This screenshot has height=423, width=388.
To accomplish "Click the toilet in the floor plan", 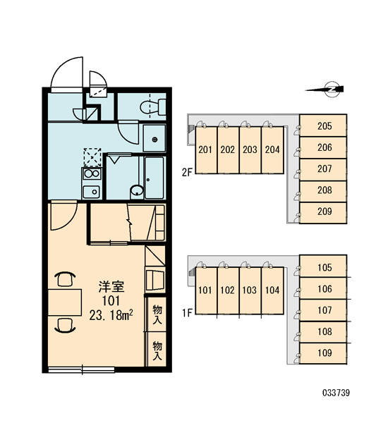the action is (x=153, y=107).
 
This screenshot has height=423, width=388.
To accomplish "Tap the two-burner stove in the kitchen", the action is (x=92, y=173).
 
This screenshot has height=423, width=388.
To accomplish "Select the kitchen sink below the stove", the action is (x=92, y=192).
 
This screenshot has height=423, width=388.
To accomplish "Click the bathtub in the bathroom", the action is (x=154, y=178).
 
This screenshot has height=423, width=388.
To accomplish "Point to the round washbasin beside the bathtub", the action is (x=137, y=190).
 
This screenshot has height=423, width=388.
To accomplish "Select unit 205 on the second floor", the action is (x=323, y=125).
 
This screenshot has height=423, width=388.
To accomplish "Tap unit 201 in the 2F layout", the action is (x=206, y=149).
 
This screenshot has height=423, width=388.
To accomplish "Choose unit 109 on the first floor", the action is (x=323, y=353).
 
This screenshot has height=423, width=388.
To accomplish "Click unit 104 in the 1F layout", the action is (x=272, y=290).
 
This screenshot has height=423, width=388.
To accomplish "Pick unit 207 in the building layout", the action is (x=323, y=169).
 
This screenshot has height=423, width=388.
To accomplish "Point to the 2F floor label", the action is (x=187, y=172).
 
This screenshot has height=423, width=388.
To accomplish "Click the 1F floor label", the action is (x=187, y=313).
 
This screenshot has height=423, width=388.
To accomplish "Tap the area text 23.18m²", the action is (x=111, y=315).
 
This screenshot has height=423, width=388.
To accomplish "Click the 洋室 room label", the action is (x=111, y=286).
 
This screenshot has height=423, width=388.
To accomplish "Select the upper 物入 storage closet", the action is (x=157, y=314).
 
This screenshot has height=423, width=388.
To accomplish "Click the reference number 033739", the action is (x=336, y=393).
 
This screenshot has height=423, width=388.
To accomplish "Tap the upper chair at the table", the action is (x=65, y=279).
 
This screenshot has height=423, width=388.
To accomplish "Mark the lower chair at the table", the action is (x=65, y=325).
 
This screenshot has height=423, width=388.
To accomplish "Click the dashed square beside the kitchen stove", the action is (x=92, y=157).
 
